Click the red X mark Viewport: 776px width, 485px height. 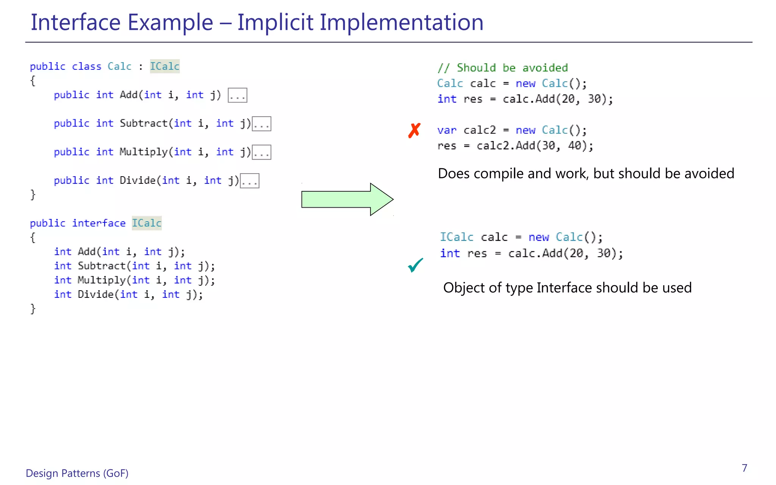[x=414, y=131]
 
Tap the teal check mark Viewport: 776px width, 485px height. [x=415, y=265]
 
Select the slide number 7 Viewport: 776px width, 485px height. [x=744, y=468]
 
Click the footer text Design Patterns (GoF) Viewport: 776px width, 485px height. [x=77, y=473]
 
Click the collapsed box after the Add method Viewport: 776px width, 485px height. [x=237, y=95]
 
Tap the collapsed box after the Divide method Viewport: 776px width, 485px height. [x=250, y=181]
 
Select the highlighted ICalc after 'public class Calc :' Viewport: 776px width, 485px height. [x=164, y=66]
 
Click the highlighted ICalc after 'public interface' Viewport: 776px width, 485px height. [x=147, y=223]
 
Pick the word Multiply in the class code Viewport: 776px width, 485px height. [x=144, y=152]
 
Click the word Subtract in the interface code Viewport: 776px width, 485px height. [x=102, y=266]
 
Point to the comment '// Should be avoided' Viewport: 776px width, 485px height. [x=502, y=68]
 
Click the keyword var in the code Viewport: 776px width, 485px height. [x=447, y=130]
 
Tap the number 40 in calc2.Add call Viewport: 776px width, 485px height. [x=575, y=146]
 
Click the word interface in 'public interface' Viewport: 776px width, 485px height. [x=99, y=223]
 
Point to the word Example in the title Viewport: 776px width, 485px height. [x=170, y=22]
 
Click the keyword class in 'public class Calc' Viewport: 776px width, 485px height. [x=86, y=66]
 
